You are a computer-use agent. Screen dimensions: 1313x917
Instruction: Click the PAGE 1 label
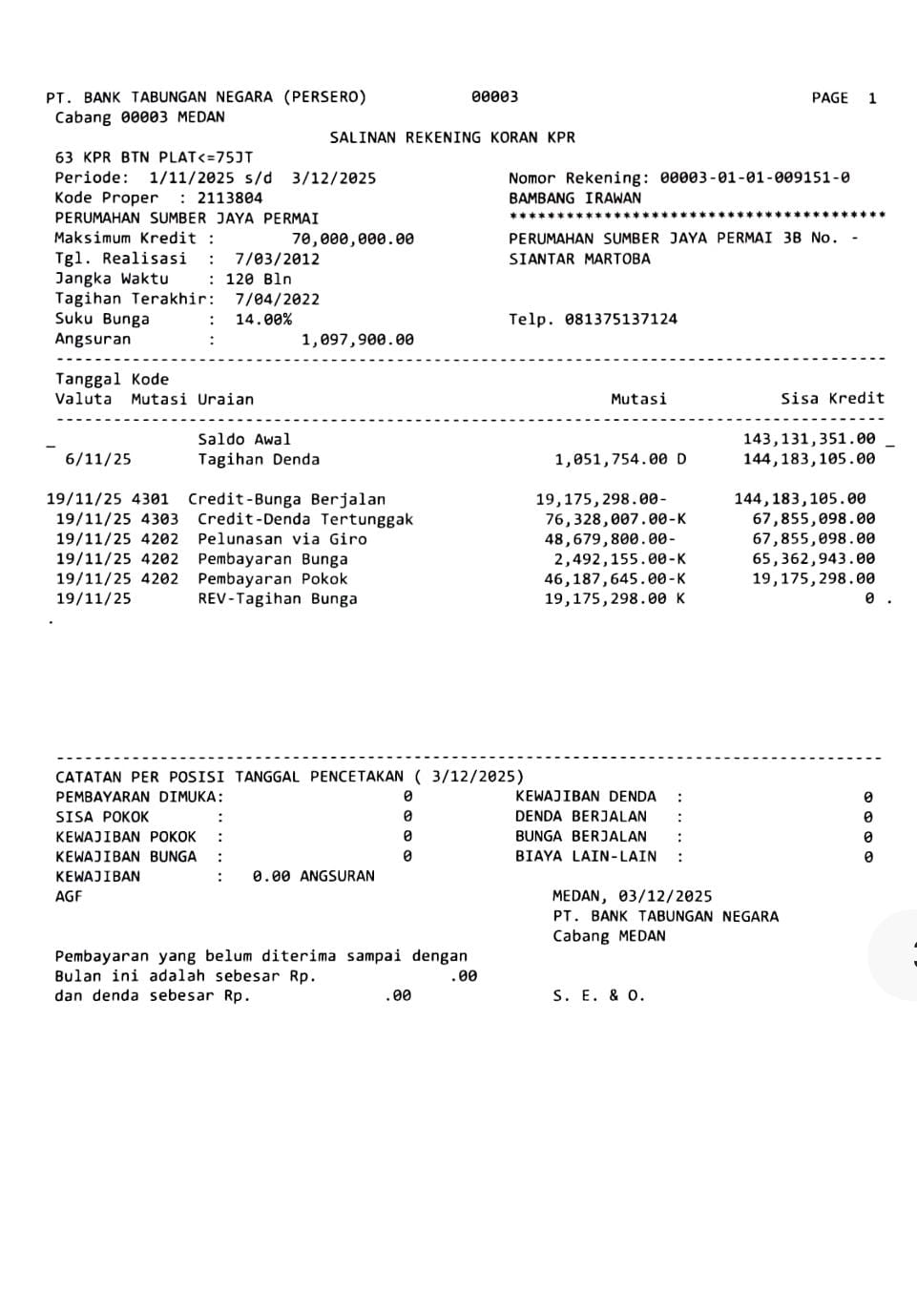[x=844, y=98]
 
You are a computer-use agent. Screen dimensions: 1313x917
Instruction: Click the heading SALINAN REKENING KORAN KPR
[x=452, y=137]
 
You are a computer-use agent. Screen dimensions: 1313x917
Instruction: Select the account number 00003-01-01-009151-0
[x=755, y=177]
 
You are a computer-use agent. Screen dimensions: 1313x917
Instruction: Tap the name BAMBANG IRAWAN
[x=574, y=198]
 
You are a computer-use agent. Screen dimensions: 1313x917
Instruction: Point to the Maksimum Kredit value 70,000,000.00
[x=352, y=239]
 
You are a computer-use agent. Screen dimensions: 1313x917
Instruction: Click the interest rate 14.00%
[x=263, y=320]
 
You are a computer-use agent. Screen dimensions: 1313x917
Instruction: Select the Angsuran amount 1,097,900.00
[x=357, y=340]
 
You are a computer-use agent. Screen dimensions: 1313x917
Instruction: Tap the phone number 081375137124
[x=620, y=320]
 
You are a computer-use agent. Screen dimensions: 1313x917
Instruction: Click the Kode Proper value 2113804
[x=230, y=198]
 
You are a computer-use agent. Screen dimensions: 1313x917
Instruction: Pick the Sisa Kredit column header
[x=832, y=399]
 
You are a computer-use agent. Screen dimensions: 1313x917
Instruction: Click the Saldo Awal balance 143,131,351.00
[x=808, y=439]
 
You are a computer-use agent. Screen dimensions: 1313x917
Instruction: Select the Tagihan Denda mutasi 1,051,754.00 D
[x=620, y=460]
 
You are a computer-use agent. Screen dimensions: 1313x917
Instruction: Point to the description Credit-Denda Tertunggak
[x=305, y=519]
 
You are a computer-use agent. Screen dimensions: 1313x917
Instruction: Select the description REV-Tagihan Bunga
[x=278, y=599]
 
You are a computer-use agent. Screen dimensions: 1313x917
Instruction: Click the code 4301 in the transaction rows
[x=155, y=499]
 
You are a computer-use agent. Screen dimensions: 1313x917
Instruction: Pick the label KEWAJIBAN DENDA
[x=585, y=797]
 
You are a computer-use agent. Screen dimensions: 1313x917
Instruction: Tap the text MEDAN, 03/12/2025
[x=632, y=896]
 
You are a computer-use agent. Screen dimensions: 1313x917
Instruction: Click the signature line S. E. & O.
[x=598, y=996]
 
